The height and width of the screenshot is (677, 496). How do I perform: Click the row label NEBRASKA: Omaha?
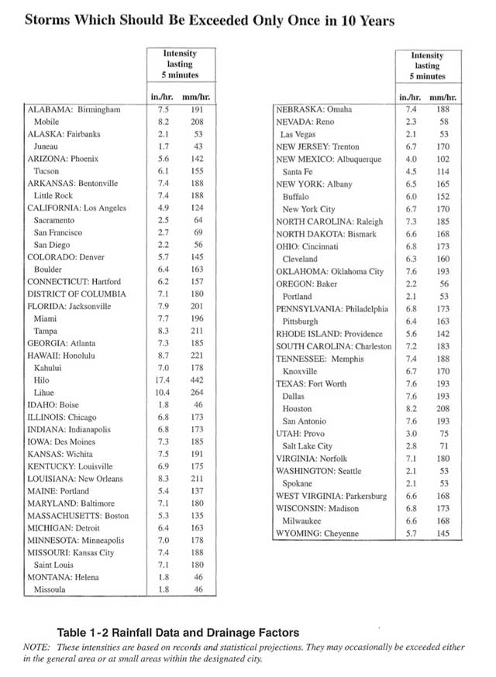[314, 110]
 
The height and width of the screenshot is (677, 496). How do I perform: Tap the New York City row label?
[308, 209]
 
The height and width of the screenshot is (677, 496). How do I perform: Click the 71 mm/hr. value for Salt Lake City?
[443, 446]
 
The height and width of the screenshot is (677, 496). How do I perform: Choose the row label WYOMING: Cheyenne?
[319, 534]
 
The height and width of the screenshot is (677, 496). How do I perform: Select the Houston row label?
[298, 409]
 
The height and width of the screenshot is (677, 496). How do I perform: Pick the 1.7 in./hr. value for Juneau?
[163, 146]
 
